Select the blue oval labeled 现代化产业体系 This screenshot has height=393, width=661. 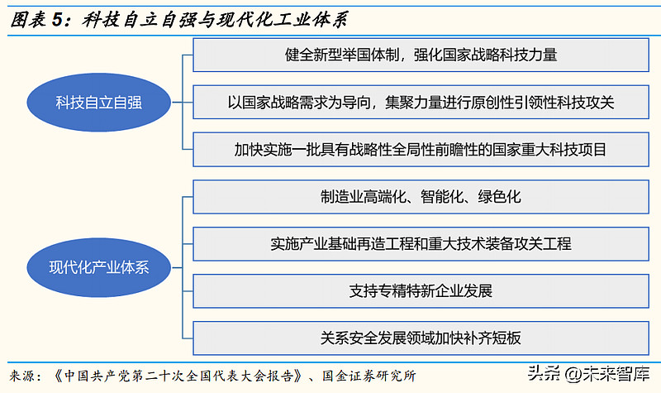tap(100, 266)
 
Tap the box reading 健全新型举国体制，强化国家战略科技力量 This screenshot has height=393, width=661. tap(421, 55)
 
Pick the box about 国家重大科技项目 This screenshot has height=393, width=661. tap(421, 150)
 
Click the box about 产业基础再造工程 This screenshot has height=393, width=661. tap(421, 244)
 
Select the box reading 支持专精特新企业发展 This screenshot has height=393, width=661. tap(421, 291)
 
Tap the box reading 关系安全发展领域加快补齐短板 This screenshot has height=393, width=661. tap(421, 338)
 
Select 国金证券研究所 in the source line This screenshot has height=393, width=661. tap(367, 374)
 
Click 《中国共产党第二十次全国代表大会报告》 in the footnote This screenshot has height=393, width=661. tap(174, 374)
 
